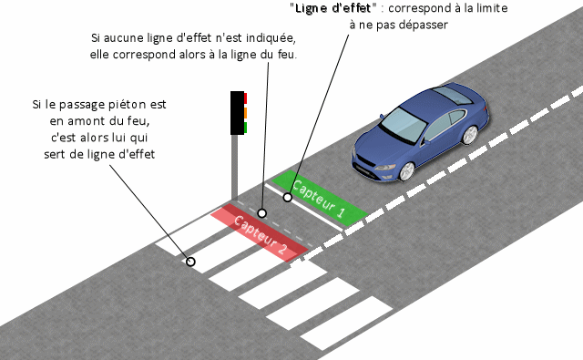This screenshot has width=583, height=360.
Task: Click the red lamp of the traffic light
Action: [x=245, y=98]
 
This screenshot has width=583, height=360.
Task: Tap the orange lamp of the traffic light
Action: [x=245, y=113]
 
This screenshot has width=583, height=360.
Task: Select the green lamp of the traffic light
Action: [x=245, y=128]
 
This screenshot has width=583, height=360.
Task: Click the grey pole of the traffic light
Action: [x=234, y=168]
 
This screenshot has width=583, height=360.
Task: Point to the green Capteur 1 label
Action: [x=320, y=199]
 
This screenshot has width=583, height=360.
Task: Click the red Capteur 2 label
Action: [x=260, y=232]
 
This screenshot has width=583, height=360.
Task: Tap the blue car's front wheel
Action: [x=407, y=171]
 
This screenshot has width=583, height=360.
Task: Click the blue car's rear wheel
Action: [x=469, y=135]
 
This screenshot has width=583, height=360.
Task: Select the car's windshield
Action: [x=404, y=125]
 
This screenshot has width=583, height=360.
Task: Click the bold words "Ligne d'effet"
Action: [x=332, y=8]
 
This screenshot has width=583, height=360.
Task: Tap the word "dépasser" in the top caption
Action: [x=423, y=25]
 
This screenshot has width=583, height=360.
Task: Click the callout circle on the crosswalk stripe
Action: [x=190, y=262]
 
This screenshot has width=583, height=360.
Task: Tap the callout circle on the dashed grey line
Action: [x=262, y=213]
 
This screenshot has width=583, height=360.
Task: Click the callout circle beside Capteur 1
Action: [x=288, y=198]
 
